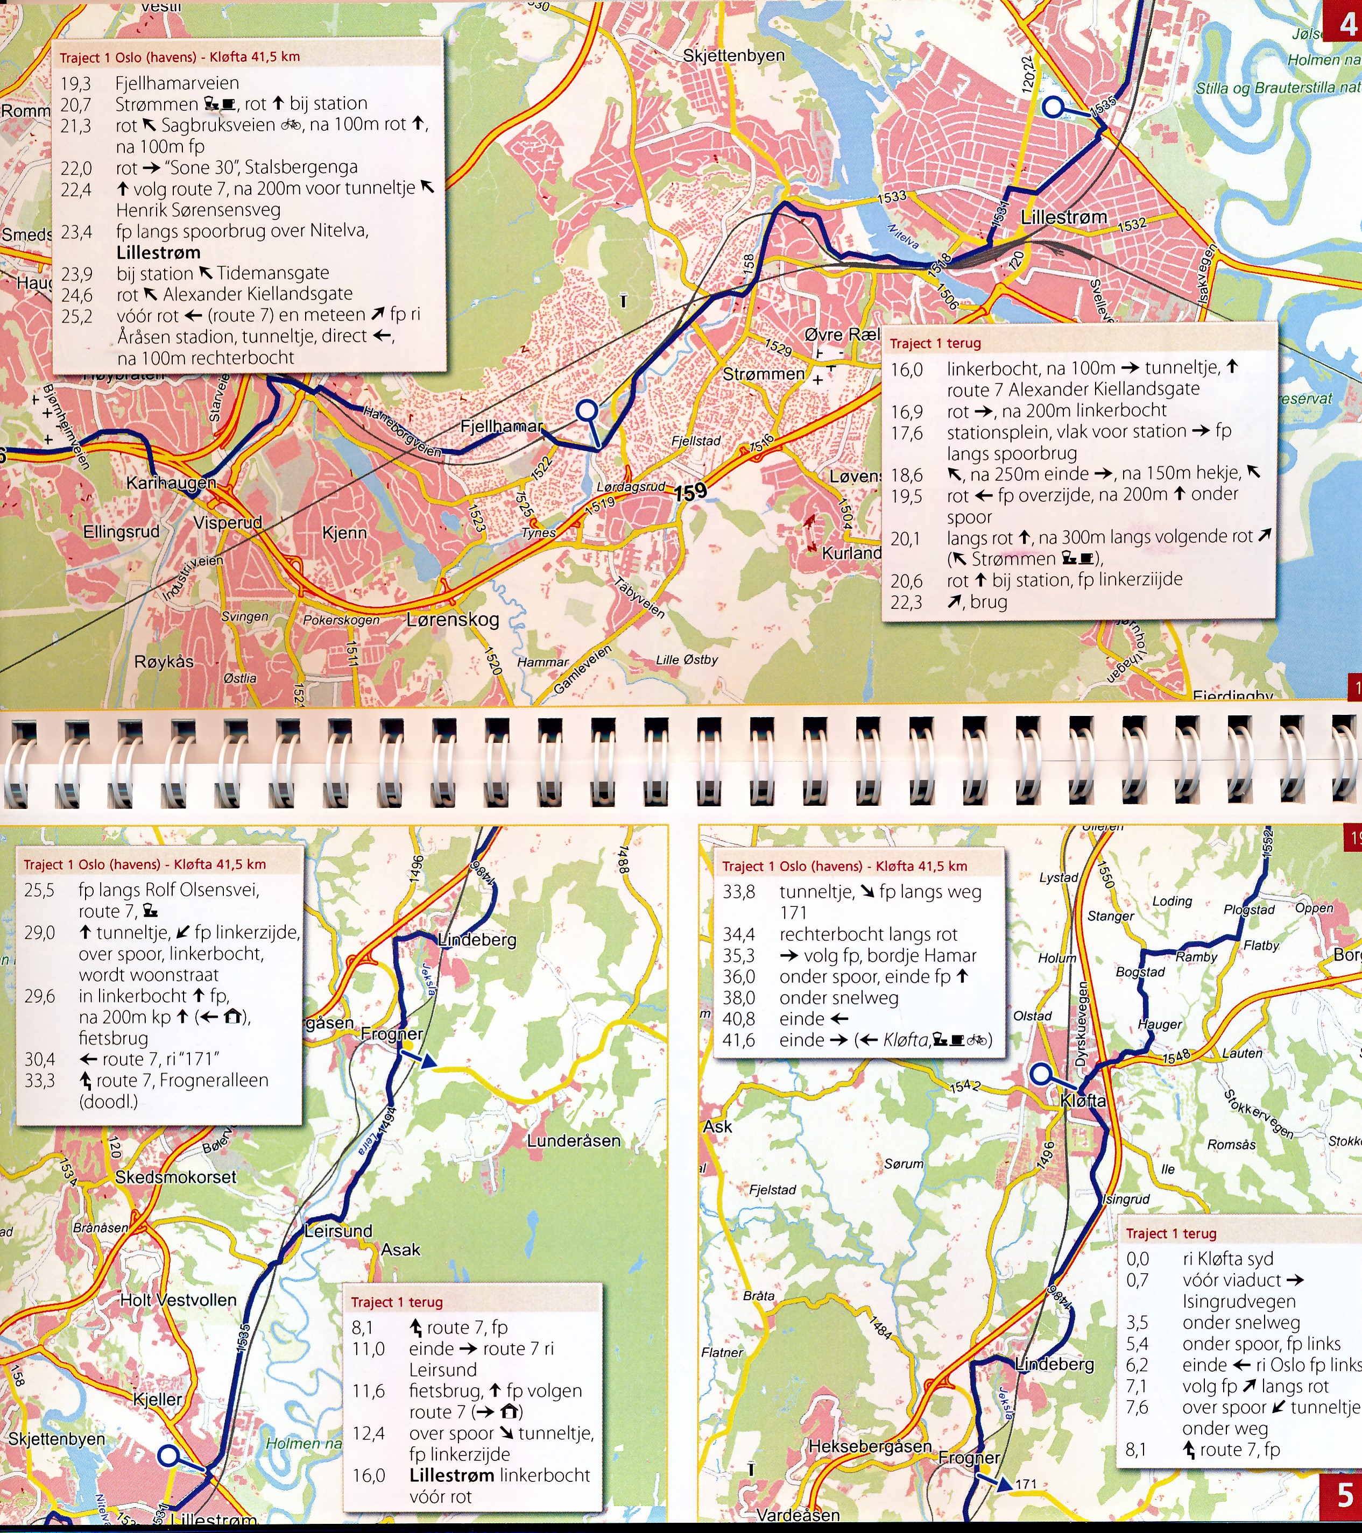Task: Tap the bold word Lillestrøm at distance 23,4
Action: coord(158,253)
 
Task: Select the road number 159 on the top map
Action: coord(690,492)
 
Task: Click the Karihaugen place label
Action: coord(171,484)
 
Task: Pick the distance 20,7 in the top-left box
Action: coord(76,104)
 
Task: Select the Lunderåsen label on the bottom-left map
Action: coord(573,1141)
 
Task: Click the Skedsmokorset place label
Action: coord(175,1177)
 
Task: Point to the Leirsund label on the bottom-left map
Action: coord(338,1231)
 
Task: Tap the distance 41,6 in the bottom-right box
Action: coord(739,1040)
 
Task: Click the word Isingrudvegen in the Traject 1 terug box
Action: coord(1238,1301)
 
